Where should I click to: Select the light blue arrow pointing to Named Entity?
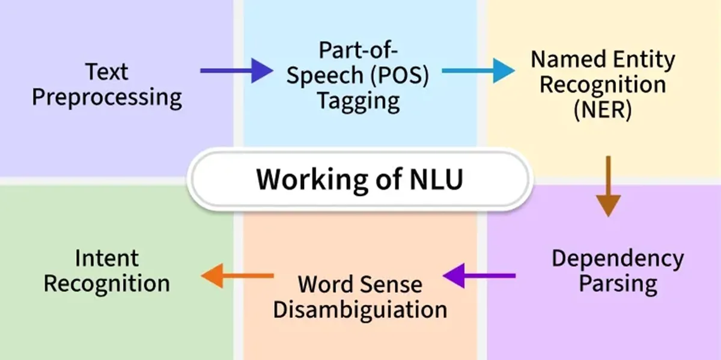click(x=478, y=71)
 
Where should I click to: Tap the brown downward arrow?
click(x=609, y=186)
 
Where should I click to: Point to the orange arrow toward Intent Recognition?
click(x=237, y=276)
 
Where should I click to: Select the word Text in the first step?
click(x=107, y=72)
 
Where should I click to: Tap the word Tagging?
click(x=359, y=100)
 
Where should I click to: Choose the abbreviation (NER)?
click(x=603, y=111)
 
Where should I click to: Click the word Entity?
click(x=642, y=59)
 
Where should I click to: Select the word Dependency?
click(x=618, y=258)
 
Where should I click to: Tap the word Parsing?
click(x=618, y=284)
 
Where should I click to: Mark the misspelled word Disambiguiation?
click(x=360, y=309)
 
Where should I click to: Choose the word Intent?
click(x=107, y=258)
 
